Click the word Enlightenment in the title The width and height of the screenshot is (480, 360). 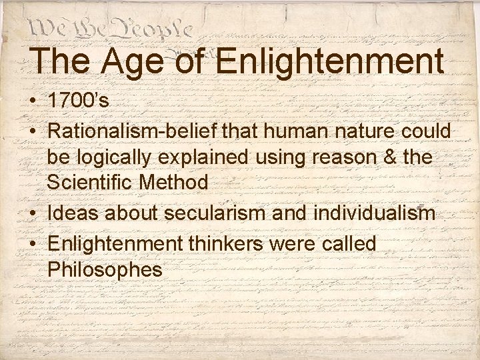(x=330, y=62)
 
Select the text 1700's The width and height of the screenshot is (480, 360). (x=78, y=102)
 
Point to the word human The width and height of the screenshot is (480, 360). (x=282, y=131)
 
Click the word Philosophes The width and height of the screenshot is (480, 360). (x=105, y=270)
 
